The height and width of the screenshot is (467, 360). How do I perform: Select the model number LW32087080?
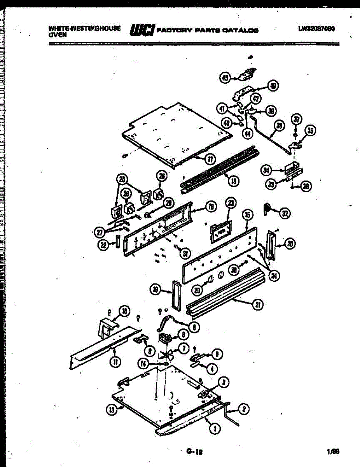pyautogui.click(x=317, y=29)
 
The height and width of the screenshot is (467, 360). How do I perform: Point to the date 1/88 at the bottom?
pyautogui.click(x=333, y=452)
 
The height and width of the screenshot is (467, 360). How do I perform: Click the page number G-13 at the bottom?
pyautogui.click(x=195, y=452)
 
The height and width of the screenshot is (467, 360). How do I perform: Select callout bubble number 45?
pyautogui.click(x=225, y=78)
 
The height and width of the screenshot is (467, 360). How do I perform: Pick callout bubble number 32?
pyautogui.click(x=285, y=213)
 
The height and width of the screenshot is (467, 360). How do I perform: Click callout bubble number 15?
pyautogui.click(x=247, y=214)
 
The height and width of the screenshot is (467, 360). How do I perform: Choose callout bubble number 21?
pyautogui.click(x=257, y=305)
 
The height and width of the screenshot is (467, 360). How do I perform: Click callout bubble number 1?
pyautogui.click(x=214, y=428)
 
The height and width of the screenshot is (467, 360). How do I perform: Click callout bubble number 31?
pyautogui.click(x=185, y=254)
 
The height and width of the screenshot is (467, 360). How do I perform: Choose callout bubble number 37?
pyautogui.click(x=296, y=120)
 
